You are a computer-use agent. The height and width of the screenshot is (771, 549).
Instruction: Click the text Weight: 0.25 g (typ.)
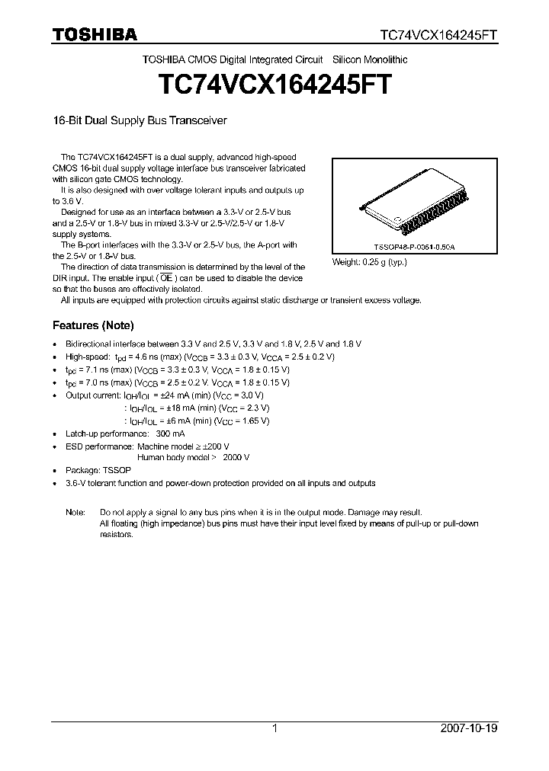(x=370, y=262)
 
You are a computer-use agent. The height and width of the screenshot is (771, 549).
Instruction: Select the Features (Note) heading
(x=93, y=325)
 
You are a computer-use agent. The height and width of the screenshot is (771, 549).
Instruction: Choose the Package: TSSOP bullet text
(x=98, y=470)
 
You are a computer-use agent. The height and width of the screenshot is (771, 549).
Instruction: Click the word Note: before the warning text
(x=75, y=512)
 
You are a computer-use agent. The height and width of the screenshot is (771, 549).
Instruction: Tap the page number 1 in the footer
(x=274, y=729)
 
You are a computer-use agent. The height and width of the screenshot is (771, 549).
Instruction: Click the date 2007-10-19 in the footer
(x=469, y=729)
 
